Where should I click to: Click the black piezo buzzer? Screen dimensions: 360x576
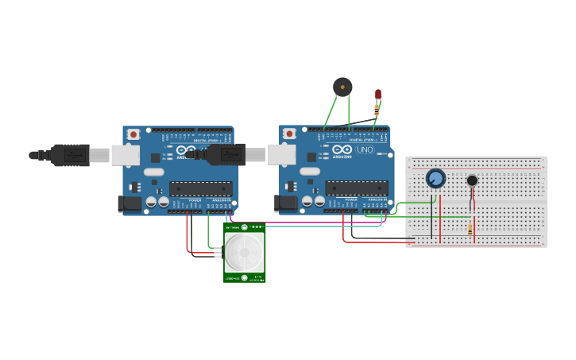[342, 87]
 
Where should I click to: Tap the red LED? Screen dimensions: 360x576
[378, 94]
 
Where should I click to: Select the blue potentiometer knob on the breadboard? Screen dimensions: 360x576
[435, 178]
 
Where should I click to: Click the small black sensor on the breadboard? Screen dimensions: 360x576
[472, 180]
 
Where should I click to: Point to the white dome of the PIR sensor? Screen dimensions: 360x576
[244, 252]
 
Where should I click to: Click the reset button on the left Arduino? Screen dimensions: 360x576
[133, 134]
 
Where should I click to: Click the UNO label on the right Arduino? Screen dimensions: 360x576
[365, 149]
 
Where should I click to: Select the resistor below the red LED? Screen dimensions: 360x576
[377, 110]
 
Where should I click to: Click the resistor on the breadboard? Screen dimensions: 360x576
[470, 229]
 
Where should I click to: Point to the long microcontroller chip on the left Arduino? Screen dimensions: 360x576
[201, 189]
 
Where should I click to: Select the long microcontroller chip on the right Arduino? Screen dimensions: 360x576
[357, 188]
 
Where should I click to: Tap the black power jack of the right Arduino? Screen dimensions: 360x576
[286, 204]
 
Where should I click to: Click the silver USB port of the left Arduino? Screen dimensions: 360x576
[125, 155]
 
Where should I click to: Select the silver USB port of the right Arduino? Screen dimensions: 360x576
[281, 154]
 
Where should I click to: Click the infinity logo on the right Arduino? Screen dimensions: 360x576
[342, 149]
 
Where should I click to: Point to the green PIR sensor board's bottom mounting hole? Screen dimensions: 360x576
[244, 277]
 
